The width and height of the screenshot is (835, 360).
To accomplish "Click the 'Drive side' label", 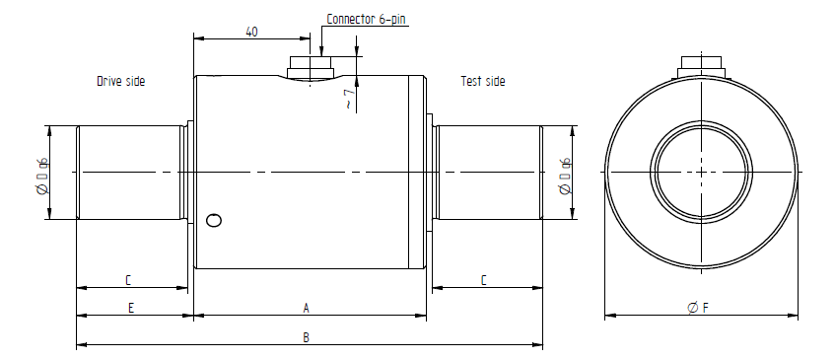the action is (x=120, y=82).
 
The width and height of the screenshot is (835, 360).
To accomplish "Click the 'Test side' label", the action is (x=482, y=81).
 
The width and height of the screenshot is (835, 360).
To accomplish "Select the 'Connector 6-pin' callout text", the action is (x=366, y=19).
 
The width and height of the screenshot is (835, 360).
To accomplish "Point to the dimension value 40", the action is (x=252, y=32).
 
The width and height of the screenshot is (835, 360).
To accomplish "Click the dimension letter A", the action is (x=307, y=308).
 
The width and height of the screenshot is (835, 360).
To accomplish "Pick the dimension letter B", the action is (x=307, y=337).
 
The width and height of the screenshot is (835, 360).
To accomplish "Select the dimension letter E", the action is (x=131, y=308).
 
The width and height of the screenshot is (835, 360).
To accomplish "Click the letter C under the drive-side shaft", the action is (x=128, y=280).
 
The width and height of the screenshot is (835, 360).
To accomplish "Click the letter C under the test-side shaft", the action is (x=483, y=280).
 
